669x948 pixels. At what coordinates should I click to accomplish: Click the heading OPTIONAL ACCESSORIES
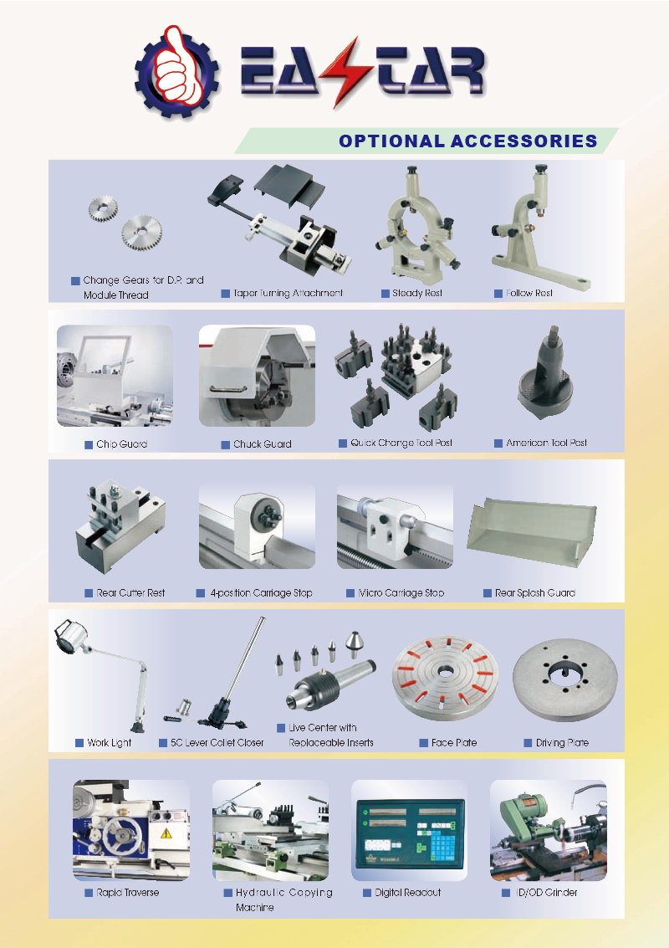(467, 141)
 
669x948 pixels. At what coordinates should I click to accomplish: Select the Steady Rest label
(417, 293)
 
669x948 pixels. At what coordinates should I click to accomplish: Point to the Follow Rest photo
(539, 228)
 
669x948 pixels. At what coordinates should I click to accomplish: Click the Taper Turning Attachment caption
(288, 293)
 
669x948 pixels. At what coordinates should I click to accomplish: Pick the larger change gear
(142, 232)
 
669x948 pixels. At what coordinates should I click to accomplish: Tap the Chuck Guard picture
(257, 376)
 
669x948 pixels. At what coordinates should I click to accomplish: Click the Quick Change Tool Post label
(401, 443)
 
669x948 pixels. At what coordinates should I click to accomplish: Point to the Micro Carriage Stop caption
(401, 593)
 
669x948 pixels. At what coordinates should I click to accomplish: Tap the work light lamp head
(71, 637)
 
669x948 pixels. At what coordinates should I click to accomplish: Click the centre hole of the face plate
(446, 671)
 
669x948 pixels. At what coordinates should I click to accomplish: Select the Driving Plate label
(562, 743)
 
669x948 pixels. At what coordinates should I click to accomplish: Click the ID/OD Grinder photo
(548, 830)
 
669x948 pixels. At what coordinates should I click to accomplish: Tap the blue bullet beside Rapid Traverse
(89, 893)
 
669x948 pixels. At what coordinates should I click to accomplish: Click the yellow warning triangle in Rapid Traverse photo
(166, 834)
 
